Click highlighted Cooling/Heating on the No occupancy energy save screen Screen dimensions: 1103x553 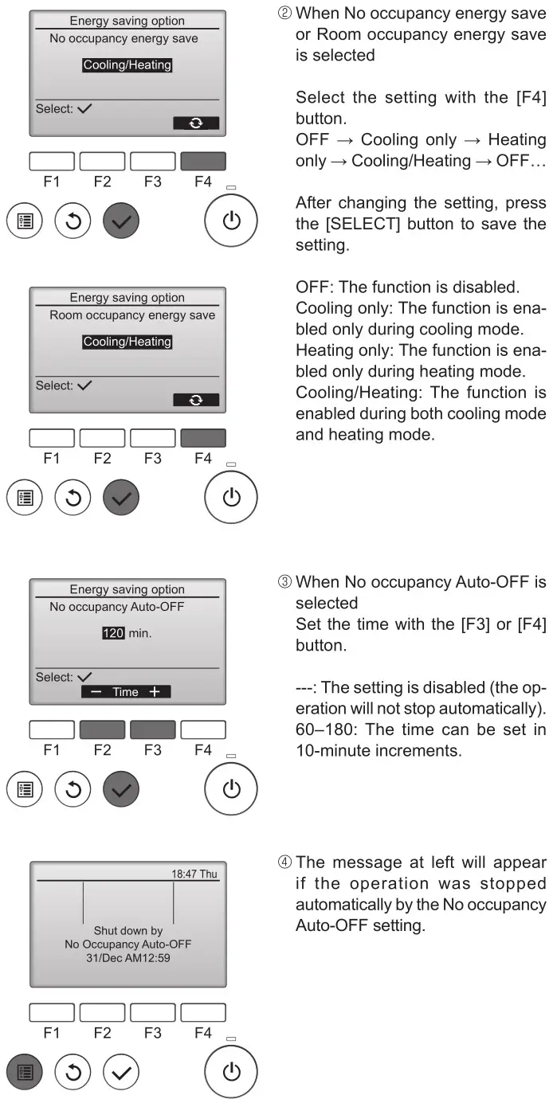(127, 65)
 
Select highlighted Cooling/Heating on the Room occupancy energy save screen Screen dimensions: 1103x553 (127, 342)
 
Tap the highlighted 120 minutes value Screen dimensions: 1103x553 (113, 634)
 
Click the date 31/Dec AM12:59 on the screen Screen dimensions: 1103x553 (127, 958)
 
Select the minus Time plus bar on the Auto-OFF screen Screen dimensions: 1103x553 (125, 692)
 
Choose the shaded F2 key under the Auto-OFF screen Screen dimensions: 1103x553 (102, 729)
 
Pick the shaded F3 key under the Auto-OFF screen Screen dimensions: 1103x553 (152, 729)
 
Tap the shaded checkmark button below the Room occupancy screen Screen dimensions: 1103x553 (121, 497)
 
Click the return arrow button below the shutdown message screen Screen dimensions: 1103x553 (72, 1072)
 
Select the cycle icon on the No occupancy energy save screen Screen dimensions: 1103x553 (196, 123)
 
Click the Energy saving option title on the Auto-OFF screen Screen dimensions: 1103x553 (127, 589)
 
